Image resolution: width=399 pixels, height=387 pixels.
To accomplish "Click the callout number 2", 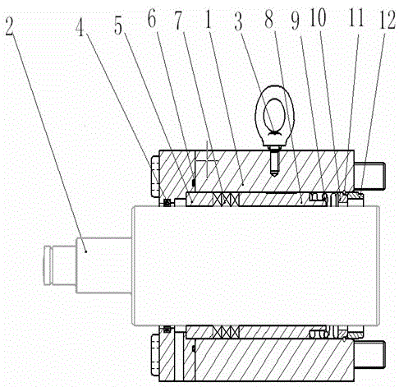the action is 9,27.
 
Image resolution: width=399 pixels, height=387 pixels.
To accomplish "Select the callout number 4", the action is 80,27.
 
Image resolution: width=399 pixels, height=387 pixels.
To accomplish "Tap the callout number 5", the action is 118,27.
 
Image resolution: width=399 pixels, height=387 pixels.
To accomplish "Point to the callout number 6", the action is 152,19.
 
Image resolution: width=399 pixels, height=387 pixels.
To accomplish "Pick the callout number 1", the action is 209,21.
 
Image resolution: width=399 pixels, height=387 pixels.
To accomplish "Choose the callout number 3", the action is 238,21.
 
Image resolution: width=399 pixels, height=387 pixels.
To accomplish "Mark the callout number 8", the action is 268,20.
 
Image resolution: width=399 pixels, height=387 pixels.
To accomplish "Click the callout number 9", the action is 295,21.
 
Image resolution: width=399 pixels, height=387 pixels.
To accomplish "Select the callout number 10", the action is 319,18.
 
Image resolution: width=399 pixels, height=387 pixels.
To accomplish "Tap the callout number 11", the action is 356,18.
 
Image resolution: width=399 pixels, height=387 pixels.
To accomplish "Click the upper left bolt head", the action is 155,176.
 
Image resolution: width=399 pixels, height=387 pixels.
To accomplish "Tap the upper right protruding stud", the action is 369,175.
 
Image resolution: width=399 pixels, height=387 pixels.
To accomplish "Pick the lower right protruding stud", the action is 369,354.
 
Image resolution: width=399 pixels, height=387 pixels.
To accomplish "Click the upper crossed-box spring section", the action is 226,199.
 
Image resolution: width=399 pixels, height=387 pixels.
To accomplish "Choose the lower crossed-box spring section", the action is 226,332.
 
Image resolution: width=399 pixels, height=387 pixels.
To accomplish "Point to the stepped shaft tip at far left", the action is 59,265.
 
